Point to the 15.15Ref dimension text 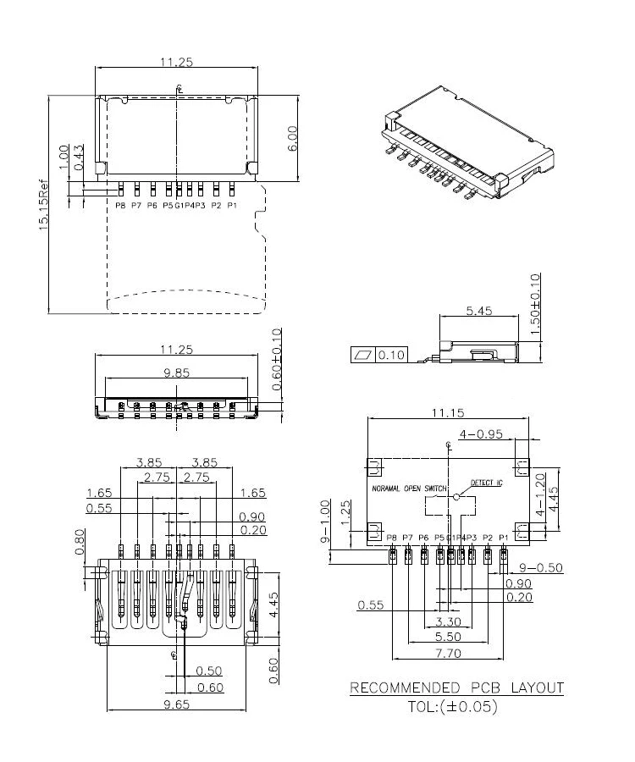43,207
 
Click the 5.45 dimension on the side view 480,311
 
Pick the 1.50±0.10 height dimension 534,305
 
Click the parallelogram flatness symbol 362,354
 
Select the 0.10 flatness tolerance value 391,354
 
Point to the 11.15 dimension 447,412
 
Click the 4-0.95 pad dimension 481,434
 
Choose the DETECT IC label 486,482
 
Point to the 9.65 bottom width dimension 176,704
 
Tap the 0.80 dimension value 80,539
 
